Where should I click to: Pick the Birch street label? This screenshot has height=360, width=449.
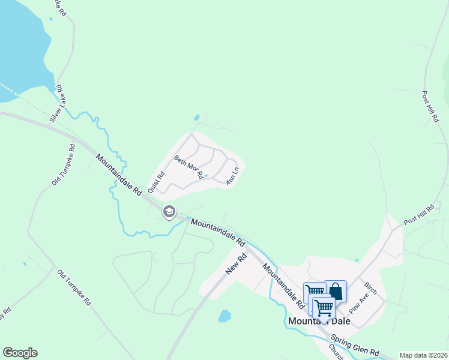[x=370, y=289]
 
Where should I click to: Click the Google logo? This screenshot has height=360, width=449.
[x=20, y=353]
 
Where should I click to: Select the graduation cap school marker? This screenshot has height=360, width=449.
[x=169, y=211]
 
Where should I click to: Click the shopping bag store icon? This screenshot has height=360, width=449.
[x=336, y=292]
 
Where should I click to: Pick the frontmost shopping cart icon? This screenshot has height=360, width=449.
[x=324, y=307]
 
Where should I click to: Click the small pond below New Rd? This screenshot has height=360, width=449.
[x=224, y=316]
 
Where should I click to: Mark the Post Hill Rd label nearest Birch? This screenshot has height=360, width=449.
[x=418, y=214]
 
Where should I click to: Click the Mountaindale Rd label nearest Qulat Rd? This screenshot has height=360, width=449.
[x=117, y=175]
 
